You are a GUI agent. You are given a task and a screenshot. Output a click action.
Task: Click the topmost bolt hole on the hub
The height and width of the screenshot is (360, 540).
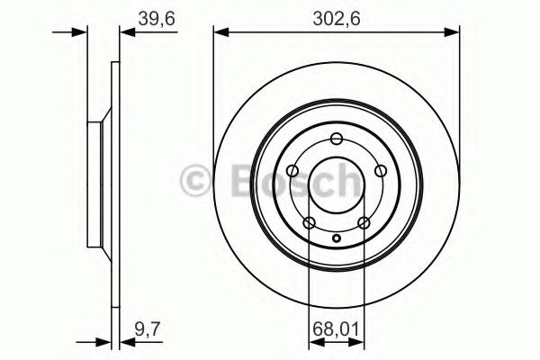[337, 138]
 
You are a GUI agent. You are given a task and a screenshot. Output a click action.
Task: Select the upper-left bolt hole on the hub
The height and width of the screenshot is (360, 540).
[292, 170]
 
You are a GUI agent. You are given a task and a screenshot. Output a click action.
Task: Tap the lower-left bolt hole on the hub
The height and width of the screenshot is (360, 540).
[309, 222]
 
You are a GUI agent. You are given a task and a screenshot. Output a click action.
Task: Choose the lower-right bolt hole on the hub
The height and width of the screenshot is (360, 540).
[364, 222]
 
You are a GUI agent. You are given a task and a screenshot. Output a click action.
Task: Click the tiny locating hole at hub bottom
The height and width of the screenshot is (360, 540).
[337, 238]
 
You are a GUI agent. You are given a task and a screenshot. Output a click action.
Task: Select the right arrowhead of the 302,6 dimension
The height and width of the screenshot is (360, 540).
[453, 34]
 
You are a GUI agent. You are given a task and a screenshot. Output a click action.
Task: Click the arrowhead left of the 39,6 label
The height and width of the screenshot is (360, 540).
[125, 34]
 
